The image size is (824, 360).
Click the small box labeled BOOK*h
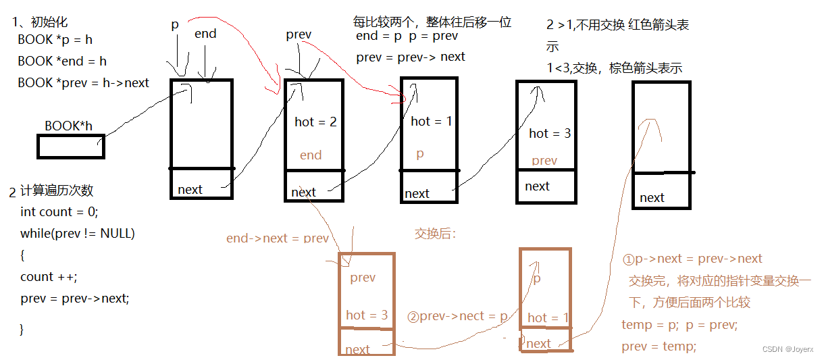click(x=71, y=146)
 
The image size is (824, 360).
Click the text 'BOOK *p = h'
click(x=55, y=40)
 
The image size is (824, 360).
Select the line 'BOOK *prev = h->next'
click(x=83, y=82)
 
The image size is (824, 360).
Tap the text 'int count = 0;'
click(x=59, y=211)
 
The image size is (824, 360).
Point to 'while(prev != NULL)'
click(x=78, y=233)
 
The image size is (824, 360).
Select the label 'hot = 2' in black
click(x=315, y=122)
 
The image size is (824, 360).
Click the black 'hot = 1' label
click(x=432, y=121)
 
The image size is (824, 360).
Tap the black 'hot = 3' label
click(x=550, y=133)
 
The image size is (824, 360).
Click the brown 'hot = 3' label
click(x=367, y=315)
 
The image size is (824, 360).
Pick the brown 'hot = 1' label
click(x=548, y=317)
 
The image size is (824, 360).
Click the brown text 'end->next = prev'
click(x=278, y=238)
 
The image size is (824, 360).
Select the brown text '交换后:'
click(x=436, y=234)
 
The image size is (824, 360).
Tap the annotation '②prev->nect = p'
click(x=457, y=316)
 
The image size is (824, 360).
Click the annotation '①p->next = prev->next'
click(x=692, y=259)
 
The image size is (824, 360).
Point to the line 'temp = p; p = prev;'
click(x=679, y=325)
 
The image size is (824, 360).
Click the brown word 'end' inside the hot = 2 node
click(x=311, y=155)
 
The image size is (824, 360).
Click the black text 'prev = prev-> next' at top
click(x=411, y=57)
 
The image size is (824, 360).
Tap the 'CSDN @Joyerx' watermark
click(x=788, y=349)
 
